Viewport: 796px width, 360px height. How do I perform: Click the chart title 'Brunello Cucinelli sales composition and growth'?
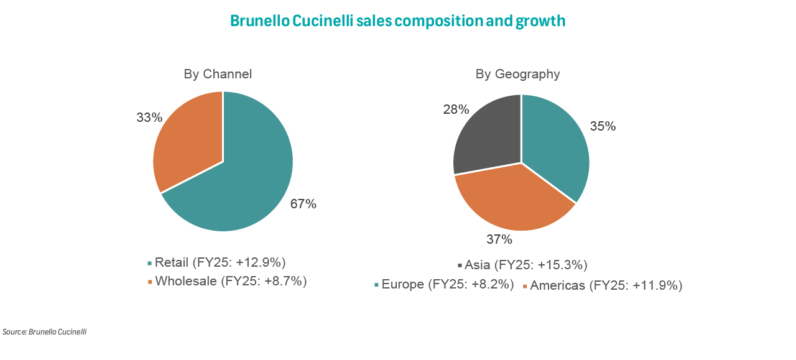coord(397,21)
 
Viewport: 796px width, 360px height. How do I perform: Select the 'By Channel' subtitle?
coord(218,74)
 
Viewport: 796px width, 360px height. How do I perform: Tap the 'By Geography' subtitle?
coord(517,74)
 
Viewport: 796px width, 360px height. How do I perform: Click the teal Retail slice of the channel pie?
coord(249,174)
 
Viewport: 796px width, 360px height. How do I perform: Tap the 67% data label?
coord(303,204)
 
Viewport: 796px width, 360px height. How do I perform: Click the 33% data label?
coord(149,117)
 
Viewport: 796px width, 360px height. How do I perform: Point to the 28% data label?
coord(456,109)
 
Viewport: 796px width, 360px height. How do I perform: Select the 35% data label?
coord(603,126)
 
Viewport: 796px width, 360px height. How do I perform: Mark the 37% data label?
coord(499,239)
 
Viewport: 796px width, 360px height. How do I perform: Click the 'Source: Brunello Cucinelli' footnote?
coord(44,331)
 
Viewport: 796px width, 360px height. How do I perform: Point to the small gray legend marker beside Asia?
coord(460,265)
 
